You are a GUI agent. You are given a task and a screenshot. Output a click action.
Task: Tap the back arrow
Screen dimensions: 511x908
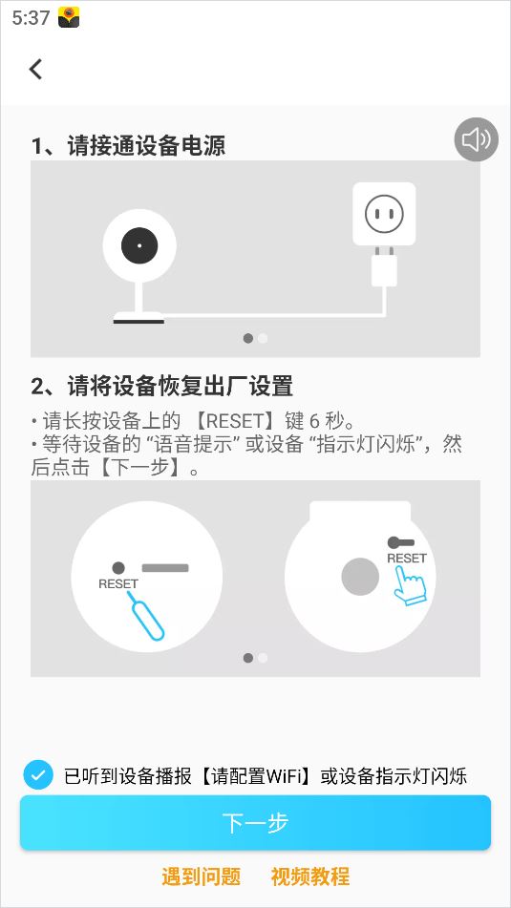(x=36, y=69)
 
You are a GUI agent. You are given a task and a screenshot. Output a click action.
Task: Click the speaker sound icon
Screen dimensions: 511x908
(x=477, y=139)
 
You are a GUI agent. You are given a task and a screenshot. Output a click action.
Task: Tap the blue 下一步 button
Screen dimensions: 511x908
(x=256, y=823)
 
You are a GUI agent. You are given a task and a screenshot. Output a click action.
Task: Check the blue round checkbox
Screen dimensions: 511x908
(x=38, y=775)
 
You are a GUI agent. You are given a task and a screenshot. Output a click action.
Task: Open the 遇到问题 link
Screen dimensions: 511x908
(x=201, y=876)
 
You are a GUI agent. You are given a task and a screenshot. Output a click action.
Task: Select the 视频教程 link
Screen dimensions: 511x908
(x=310, y=876)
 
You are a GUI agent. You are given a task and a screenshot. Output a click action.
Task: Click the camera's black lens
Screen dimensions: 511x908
(x=139, y=245)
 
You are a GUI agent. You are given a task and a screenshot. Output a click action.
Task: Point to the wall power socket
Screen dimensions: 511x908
(x=384, y=214)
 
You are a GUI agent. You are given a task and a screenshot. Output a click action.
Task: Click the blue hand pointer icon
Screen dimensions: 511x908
(x=410, y=585)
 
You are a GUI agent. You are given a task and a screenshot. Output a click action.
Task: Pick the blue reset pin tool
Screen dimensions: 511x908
(x=145, y=616)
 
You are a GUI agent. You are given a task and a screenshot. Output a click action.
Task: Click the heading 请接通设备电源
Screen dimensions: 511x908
(x=146, y=146)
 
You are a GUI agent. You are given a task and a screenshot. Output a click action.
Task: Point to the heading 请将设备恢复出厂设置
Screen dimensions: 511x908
(x=181, y=386)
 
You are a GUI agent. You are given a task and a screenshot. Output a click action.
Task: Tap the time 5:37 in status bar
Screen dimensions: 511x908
(x=31, y=18)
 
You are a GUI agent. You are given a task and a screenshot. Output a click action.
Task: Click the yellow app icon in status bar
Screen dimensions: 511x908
(x=69, y=18)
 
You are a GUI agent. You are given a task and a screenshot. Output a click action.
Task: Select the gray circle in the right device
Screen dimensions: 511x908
(x=360, y=577)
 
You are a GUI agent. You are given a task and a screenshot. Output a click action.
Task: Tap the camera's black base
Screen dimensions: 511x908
(x=138, y=321)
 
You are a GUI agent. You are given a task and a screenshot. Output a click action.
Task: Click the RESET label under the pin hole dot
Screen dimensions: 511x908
(x=118, y=583)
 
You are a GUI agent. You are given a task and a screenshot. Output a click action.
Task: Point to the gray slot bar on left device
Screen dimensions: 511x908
(x=165, y=568)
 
